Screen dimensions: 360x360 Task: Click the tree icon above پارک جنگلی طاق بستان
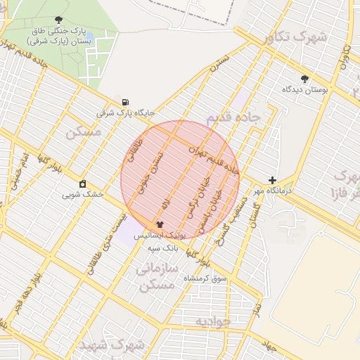58,20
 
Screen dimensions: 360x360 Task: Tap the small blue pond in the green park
90,37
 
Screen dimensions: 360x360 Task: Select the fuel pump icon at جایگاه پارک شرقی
125,101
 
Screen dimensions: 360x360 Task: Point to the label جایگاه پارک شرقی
125,112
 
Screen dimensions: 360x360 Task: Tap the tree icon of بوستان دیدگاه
304,79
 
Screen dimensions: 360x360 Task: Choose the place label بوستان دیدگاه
302,89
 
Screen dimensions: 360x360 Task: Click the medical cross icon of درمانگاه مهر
272,180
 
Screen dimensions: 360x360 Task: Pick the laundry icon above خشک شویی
83,184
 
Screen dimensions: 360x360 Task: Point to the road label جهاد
268,346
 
